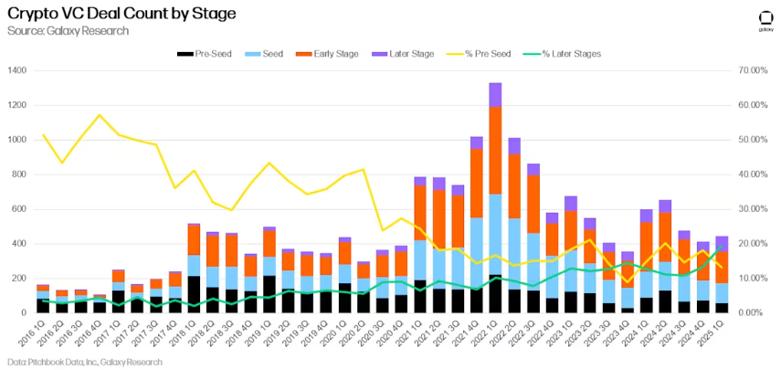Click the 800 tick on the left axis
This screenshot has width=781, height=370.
(x=20, y=174)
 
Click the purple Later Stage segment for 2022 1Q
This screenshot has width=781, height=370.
(x=495, y=94)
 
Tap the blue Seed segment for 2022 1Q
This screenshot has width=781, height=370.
(x=495, y=234)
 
